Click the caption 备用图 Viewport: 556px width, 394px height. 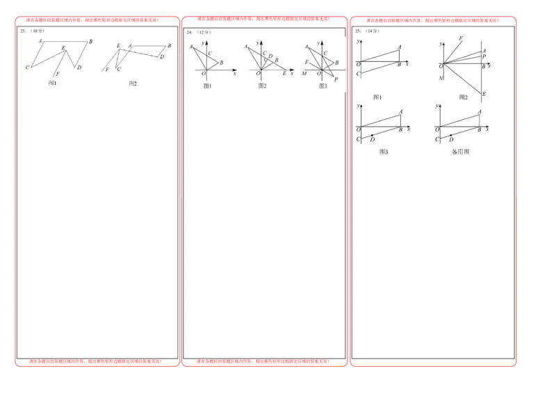click(460, 151)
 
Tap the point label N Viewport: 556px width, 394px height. click(441, 78)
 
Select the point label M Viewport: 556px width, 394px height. click(304, 73)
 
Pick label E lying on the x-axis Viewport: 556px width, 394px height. click(284, 73)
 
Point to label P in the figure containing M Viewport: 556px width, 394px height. click(335, 80)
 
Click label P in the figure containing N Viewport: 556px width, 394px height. click(484, 56)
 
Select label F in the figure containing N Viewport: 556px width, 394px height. click(461, 38)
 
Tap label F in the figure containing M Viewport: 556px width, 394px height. click(306, 63)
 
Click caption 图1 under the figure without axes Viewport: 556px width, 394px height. click(52, 83)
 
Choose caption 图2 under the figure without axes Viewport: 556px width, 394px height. click(133, 83)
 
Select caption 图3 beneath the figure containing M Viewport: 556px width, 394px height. click(322, 86)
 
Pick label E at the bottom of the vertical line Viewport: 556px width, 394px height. click(484, 94)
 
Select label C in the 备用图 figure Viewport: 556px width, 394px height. click(437, 140)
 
